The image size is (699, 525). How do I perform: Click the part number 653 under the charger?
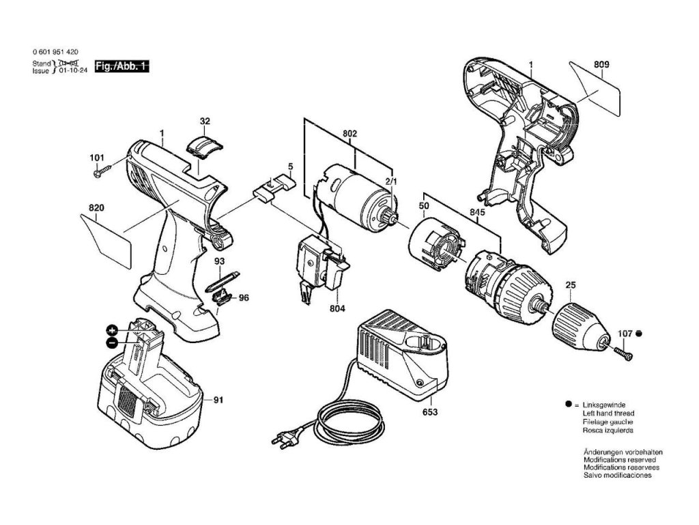point(429,413)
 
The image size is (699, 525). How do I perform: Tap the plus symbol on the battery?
point(112,329)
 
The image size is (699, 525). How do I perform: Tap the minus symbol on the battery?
point(111,342)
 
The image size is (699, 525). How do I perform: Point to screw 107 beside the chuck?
point(623,353)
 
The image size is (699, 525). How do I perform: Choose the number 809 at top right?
point(601,64)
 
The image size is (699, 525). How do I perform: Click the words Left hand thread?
point(608,414)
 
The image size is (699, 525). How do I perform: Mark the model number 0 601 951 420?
point(55,52)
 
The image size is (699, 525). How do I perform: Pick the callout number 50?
point(424,206)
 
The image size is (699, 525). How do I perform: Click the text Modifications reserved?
point(619,460)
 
